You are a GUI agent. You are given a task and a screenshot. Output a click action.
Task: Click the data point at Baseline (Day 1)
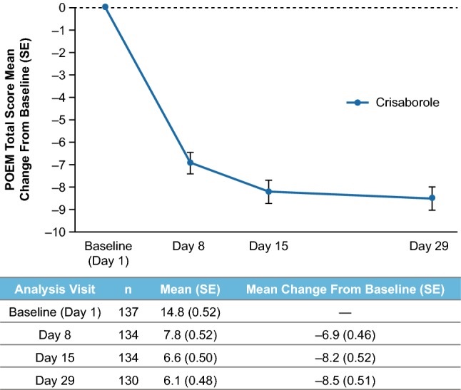[x=105, y=7]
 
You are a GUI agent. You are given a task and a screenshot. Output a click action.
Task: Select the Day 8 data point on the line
[x=190, y=163]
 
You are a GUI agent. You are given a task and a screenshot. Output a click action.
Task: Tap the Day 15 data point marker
[x=268, y=192]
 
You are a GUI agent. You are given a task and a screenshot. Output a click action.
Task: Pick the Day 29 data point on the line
[x=432, y=198]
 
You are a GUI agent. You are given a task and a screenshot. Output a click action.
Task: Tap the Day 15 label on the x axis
[x=268, y=247]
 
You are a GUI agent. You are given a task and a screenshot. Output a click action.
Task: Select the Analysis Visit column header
[x=56, y=290]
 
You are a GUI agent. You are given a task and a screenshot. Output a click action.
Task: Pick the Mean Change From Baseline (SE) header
[x=345, y=290]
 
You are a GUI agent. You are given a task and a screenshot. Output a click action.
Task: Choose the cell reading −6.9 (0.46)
[x=345, y=333]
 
